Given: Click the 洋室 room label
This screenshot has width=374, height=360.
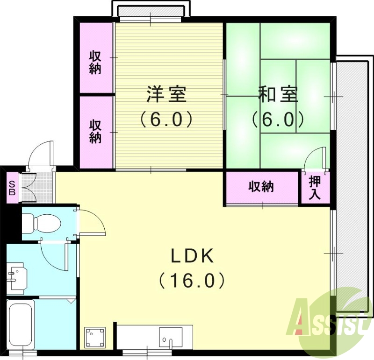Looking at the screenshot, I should pyautogui.click(x=166, y=95).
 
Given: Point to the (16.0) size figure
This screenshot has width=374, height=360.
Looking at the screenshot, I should pyautogui.click(x=192, y=281).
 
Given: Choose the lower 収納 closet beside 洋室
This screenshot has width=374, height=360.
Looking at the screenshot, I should pyautogui.click(x=95, y=131).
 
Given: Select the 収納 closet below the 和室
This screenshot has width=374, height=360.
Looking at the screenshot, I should pyautogui.click(x=261, y=187).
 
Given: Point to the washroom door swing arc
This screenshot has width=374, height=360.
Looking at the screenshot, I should pyautogui.click(x=52, y=256).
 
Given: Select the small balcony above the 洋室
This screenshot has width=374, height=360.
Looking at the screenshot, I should pyautogui.click(x=151, y=9).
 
